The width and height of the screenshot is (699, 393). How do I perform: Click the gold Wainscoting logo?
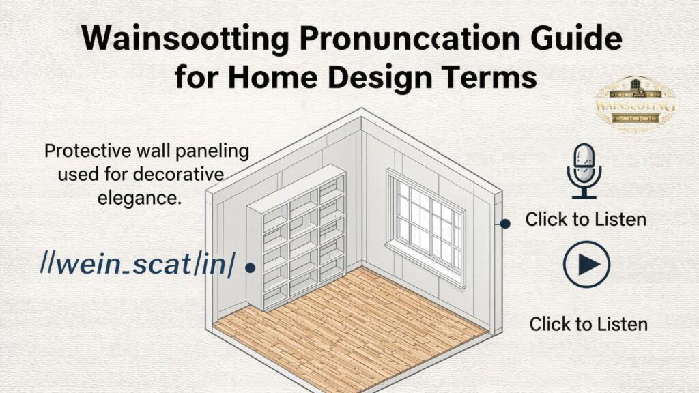pos(635,104)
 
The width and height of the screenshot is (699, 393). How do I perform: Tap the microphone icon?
pos(584,171)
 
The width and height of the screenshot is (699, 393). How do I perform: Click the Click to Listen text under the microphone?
pos(586,220)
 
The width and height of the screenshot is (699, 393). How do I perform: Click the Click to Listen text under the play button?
pos(588,323)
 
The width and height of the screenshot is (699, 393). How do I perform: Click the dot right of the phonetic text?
pos(250,268)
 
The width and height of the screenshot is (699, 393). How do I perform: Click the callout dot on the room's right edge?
pos(505,223)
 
